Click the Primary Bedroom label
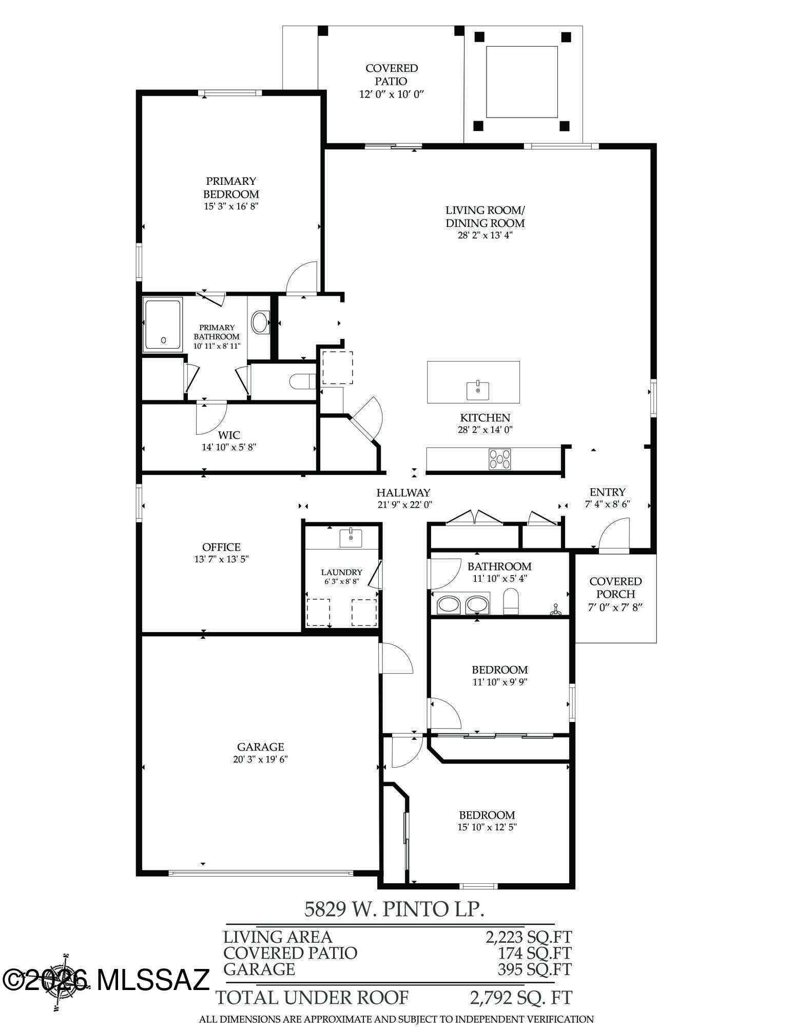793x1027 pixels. pos(230,187)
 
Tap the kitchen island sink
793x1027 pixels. pos(477,390)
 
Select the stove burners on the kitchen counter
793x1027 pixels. pos(499,459)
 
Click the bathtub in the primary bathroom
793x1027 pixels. pos(163,325)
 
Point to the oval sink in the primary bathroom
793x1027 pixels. pos(260,322)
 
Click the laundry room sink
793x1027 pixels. pos(351,538)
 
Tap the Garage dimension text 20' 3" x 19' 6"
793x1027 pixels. pos(260,759)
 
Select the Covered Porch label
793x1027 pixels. pos(615,587)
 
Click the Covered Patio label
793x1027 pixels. pos(392,74)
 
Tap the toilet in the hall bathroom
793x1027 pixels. pos(511,601)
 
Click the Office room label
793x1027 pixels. pos(221,547)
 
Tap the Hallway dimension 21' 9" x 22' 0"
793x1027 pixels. pos(404,505)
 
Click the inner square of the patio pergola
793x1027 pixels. pos(521,82)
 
